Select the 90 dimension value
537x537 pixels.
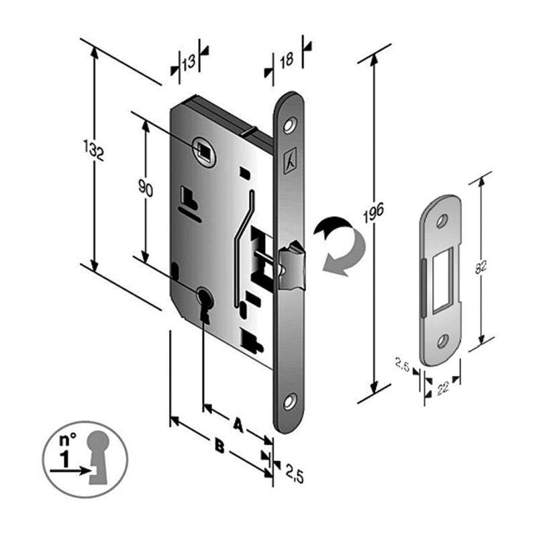[146, 189]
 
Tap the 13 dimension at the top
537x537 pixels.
[189, 62]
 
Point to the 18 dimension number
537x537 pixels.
[287, 60]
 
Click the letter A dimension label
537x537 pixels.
[237, 424]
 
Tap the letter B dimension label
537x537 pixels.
[219, 444]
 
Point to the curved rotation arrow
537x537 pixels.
[339, 245]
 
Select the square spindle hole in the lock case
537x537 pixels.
[203, 149]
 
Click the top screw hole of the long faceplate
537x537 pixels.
[291, 125]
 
